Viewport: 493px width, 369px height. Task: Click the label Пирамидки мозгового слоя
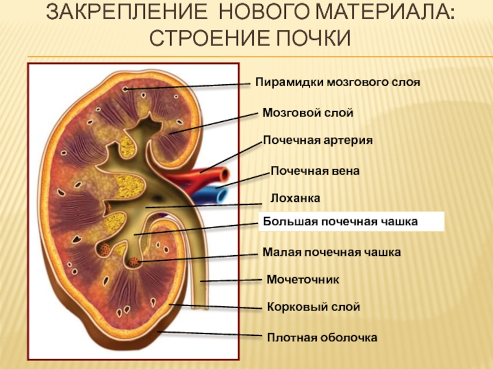(x=338, y=81)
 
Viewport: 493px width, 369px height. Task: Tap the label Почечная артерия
(x=318, y=140)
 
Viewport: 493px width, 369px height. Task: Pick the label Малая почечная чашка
(x=332, y=252)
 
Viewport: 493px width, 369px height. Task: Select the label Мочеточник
(x=303, y=280)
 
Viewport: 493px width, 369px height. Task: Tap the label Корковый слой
(x=313, y=306)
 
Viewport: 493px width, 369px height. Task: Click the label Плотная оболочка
(x=321, y=337)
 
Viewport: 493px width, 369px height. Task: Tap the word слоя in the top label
(x=405, y=81)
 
